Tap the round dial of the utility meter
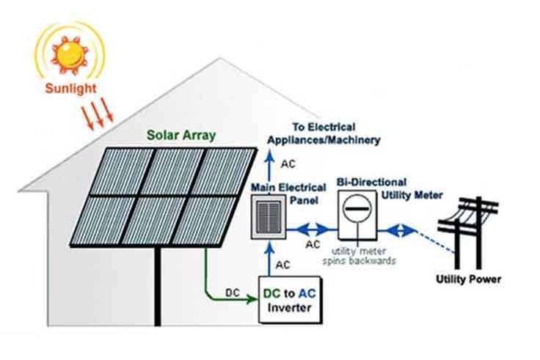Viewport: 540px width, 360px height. [357, 210]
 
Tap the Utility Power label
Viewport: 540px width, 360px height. [469, 279]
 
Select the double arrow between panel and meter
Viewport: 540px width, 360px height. [311, 228]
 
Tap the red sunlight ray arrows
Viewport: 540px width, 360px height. [101, 114]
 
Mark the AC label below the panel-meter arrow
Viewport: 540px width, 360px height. [313, 244]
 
